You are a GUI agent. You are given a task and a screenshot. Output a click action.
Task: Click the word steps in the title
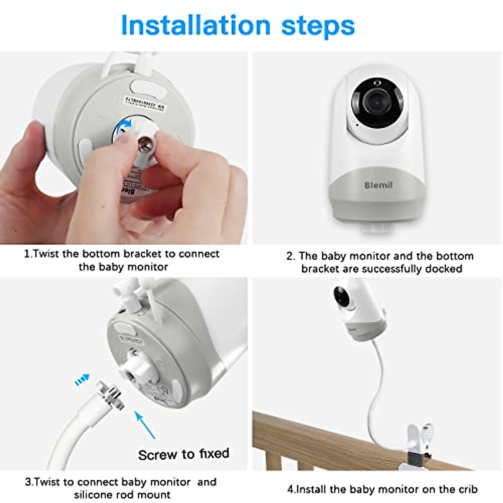click(x=318, y=26)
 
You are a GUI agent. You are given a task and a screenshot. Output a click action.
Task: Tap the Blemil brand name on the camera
click(x=378, y=185)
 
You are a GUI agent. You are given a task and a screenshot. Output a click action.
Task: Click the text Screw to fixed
click(x=184, y=454)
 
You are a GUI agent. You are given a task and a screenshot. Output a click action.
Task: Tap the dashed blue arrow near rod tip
click(x=82, y=380)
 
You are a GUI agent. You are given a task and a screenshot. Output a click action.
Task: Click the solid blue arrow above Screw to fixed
click(x=145, y=424)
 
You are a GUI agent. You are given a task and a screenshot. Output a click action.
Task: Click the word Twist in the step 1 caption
click(x=47, y=254)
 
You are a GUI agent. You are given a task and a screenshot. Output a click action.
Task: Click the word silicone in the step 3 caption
click(x=95, y=495)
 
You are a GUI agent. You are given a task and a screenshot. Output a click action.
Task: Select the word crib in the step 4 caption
click(x=467, y=489)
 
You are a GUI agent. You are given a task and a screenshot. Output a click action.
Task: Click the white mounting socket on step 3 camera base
click(x=138, y=369)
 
